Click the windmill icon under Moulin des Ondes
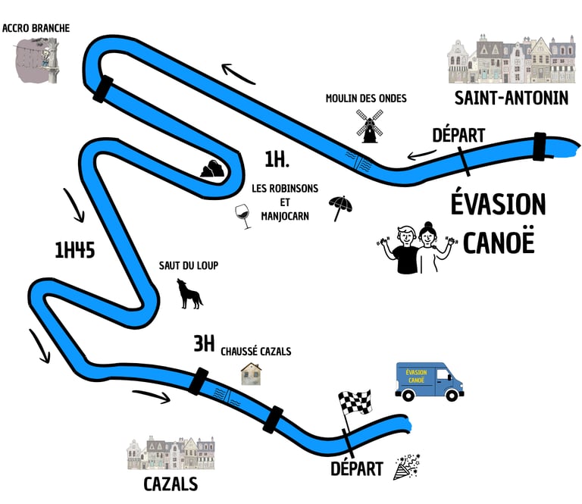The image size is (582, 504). (370, 125)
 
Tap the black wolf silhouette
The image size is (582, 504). (189, 294)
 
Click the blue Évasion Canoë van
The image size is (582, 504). (429, 380)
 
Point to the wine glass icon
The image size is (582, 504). (243, 215)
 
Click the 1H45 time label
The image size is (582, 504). (74, 251)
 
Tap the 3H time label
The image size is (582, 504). (204, 345)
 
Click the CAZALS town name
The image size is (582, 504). (171, 484)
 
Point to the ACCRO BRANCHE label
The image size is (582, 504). (36, 28)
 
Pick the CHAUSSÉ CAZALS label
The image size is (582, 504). (256, 352)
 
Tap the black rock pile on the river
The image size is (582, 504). (213, 169)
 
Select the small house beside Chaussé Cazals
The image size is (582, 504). (252, 374)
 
